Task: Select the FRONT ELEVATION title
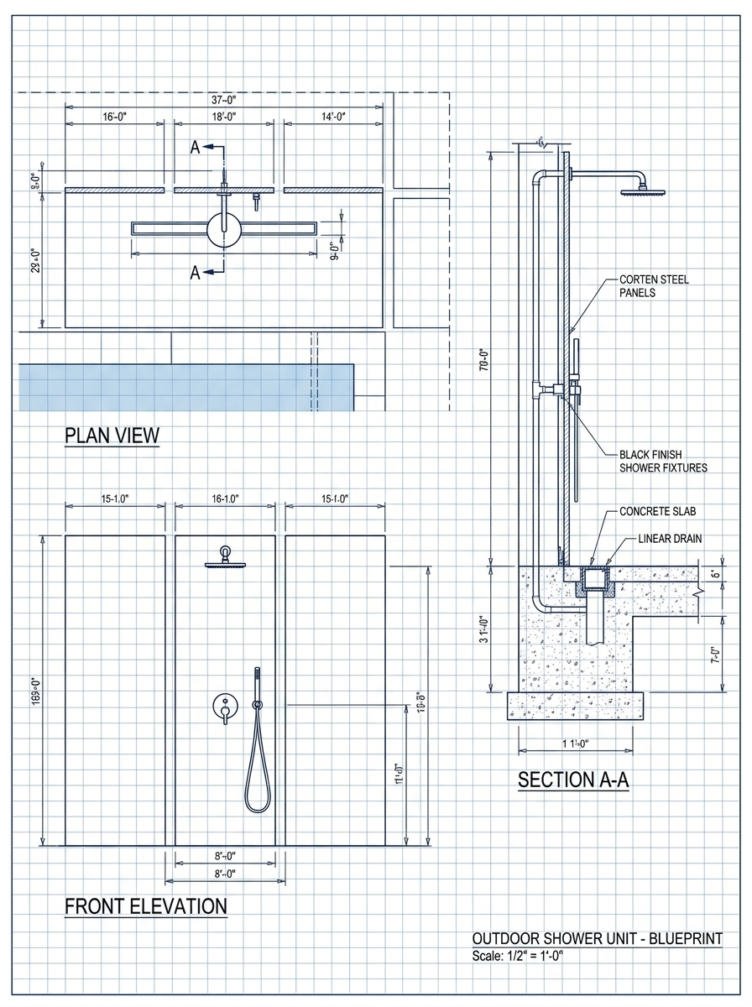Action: click(x=145, y=906)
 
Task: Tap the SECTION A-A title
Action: click(x=573, y=779)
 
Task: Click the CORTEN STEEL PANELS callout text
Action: click(x=654, y=286)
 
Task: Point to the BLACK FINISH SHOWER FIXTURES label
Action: click(x=662, y=460)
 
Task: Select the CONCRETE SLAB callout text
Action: click(x=657, y=511)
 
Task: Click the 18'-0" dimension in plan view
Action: click(x=223, y=117)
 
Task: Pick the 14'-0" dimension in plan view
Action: click(x=332, y=117)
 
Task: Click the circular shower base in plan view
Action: click(x=223, y=228)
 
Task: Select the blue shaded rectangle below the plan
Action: click(x=185, y=387)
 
